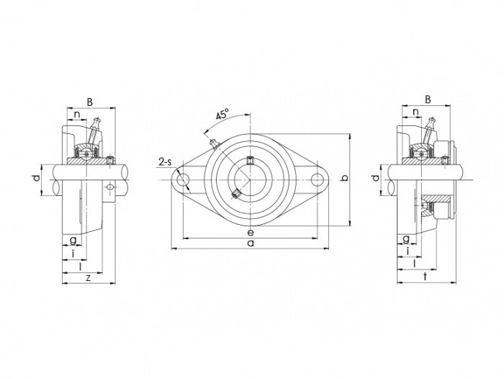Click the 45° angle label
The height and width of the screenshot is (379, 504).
pyautogui.click(x=222, y=115)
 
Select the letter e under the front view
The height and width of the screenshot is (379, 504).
pyautogui.click(x=249, y=232)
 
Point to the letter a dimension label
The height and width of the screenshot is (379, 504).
pyautogui.click(x=250, y=244)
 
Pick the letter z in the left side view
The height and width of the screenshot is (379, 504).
pyautogui.click(x=88, y=277)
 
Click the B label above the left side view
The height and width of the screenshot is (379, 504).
pyautogui.click(x=89, y=102)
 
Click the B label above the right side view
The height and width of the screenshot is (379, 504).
pyautogui.click(x=428, y=99)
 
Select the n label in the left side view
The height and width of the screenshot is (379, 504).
pyautogui.click(x=77, y=113)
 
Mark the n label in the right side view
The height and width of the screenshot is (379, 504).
pyautogui.click(x=415, y=111)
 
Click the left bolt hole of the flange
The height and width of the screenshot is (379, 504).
pyautogui.click(x=181, y=179)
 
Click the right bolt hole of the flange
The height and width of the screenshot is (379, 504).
pyautogui.click(x=317, y=179)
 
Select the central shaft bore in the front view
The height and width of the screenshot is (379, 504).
pyautogui.click(x=249, y=179)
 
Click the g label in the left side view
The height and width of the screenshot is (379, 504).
pyautogui.click(x=73, y=239)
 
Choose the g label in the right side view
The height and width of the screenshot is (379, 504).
pyautogui.click(x=406, y=238)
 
